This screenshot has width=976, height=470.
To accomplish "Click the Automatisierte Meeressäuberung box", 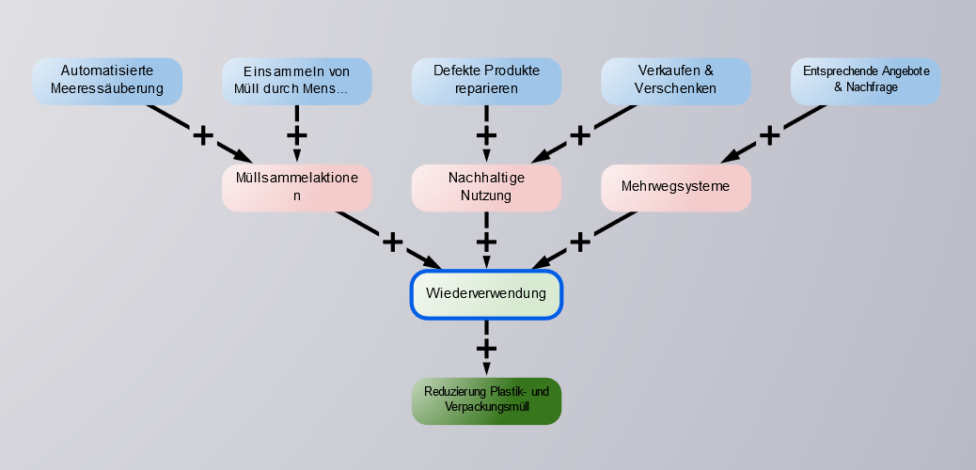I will (x=107, y=81).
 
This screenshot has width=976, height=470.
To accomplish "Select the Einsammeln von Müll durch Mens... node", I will (x=297, y=81).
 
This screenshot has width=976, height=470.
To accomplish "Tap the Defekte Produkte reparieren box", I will (x=486, y=81).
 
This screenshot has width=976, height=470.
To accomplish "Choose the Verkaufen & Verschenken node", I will (x=675, y=81).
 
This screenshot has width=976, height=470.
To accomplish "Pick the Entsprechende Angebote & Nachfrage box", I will (x=865, y=81).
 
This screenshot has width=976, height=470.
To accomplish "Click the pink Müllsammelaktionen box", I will (x=297, y=188).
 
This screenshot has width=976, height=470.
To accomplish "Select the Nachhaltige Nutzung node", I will (x=486, y=188).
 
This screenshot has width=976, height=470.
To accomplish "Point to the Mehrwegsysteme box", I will (x=675, y=187).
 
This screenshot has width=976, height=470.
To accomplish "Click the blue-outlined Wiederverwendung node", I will (x=486, y=294).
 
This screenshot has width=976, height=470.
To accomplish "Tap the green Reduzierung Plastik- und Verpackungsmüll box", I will (x=486, y=400).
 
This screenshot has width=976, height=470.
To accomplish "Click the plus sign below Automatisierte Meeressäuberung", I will (x=203, y=135).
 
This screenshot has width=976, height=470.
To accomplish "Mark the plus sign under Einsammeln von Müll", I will (x=297, y=134).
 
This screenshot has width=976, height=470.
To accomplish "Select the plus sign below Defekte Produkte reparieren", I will (x=486, y=134).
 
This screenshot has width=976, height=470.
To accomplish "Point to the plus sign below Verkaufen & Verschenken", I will (x=580, y=135).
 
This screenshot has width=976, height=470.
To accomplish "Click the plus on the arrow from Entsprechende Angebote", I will (x=770, y=135).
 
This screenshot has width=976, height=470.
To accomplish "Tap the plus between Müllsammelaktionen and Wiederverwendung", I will (x=392, y=242).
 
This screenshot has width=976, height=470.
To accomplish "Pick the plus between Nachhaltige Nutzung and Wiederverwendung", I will (x=486, y=242).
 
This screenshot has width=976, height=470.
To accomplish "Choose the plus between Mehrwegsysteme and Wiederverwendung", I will (x=580, y=242).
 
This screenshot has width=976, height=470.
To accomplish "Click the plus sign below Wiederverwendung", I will (x=486, y=348).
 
